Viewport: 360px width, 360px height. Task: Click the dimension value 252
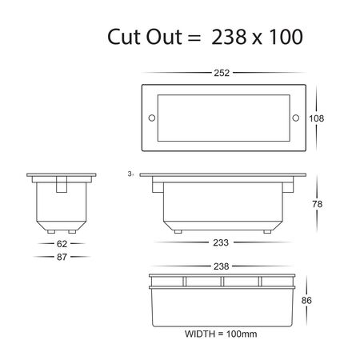pyautogui.click(x=222, y=73)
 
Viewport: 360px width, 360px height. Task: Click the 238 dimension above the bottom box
pyautogui.click(x=222, y=266)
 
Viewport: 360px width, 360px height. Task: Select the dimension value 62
pyautogui.click(x=60, y=242)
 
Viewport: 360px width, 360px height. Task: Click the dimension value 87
pyautogui.click(x=60, y=257)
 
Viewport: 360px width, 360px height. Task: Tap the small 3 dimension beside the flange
pyautogui.click(x=129, y=172)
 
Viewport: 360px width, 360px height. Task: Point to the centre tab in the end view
pyautogui.click(x=60, y=183)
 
